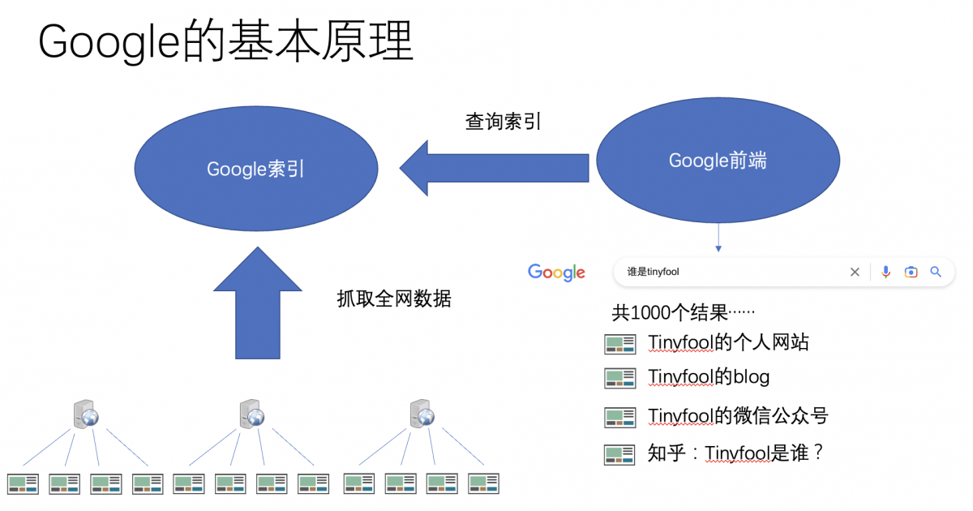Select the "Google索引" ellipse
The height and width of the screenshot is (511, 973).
click(x=255, y=169)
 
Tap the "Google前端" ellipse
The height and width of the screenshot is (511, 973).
click(x=718, y=161)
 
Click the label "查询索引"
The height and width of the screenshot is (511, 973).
click(x=503, y=122)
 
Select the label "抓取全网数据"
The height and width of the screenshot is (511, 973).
click(x=394, y=298)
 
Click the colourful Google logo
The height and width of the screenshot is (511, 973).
click(x=556, y=273)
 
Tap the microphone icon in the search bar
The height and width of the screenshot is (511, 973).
click(x=886, y=273)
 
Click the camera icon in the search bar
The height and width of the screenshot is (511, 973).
click(x=911, y=273)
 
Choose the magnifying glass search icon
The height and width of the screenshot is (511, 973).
click(x=936, y=273)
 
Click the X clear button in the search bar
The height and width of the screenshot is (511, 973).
click(x=855, y=273)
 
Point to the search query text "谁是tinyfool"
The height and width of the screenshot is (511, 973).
click(x=653, y=273)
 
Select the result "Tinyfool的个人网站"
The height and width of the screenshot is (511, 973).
click(x=728, y=342)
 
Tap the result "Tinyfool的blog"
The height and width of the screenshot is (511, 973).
click(x=709, y=377)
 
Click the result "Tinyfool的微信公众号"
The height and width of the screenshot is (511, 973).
click(x=738, y=416)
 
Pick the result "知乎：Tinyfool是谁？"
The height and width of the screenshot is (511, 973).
click(x=736, y=453)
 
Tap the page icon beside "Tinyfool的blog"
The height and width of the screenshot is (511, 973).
click(x=619, y=378)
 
